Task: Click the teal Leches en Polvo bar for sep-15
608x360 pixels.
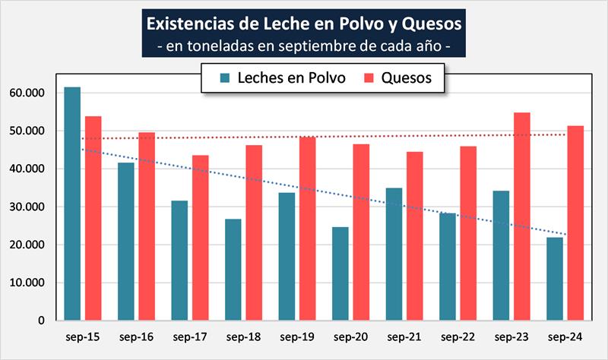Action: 72,204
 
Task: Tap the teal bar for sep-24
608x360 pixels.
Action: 555,279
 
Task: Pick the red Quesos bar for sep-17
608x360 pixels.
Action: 201,238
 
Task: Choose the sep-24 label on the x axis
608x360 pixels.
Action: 565,336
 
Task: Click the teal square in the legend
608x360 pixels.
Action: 225,78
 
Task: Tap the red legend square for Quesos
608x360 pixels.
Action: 369,78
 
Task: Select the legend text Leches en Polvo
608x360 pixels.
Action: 292,78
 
